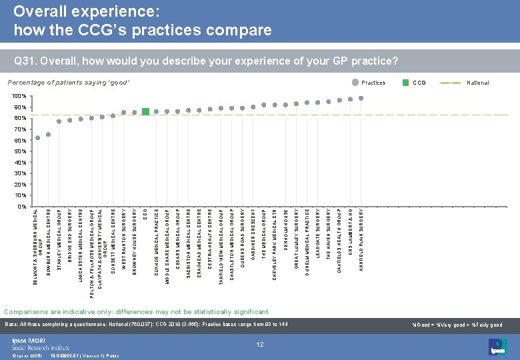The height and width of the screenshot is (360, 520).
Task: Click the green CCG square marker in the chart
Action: (145, 111)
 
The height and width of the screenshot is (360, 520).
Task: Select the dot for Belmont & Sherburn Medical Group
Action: (38, 138)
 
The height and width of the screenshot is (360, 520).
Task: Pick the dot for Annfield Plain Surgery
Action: (361, 98)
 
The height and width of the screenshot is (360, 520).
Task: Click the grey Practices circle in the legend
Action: (355, 83)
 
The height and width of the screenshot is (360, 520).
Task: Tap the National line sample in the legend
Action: (455, 83)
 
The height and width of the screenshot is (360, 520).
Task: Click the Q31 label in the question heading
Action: (25, 61)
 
